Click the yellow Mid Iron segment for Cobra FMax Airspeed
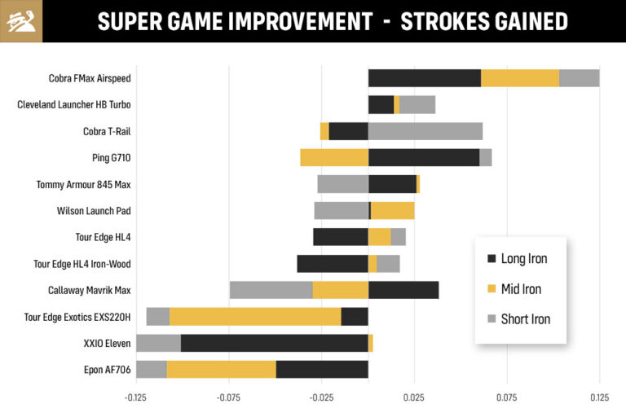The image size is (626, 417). click(x=519, y=78)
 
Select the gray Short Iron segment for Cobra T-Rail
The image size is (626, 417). click(x=425, y=131)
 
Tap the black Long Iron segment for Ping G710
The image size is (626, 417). click(x=423, y=158)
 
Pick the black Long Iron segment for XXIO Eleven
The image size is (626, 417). click(x=274, y=343)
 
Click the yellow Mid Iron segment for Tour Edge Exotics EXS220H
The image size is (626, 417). click(x=254, y=317)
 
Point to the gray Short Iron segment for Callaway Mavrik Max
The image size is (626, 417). click(x=271, y=290)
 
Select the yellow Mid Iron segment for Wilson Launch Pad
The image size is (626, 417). click(x=392, y=211)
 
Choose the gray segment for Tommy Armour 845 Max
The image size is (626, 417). click(x=342, y=184)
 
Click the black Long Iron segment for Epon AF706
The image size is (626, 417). click(x=322, y=370)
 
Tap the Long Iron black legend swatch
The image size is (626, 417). click(x=491, y=259)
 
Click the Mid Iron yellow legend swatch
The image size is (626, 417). click(x=491, y=289)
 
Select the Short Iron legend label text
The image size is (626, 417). click(x=526, y=319)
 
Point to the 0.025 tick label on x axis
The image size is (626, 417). click(x=414, y=398)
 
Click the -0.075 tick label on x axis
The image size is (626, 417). click(x=228, y=398)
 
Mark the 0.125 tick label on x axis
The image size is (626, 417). click(x=599, y=398)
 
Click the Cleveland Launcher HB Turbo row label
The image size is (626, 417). click(x=74, y=105)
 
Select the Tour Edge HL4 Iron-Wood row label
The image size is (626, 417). click(x=82, y=264)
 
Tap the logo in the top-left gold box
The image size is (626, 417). click(x=21, y=21)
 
